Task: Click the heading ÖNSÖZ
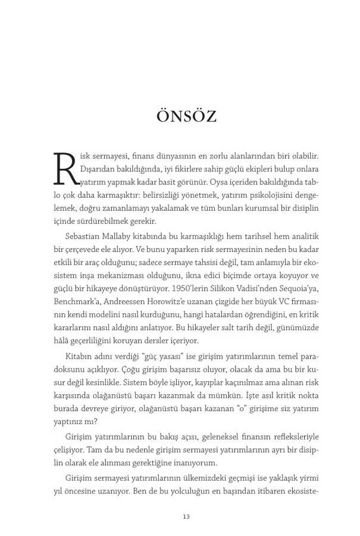click(x=186, y=116)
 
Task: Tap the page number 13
click(x=186, y=516)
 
